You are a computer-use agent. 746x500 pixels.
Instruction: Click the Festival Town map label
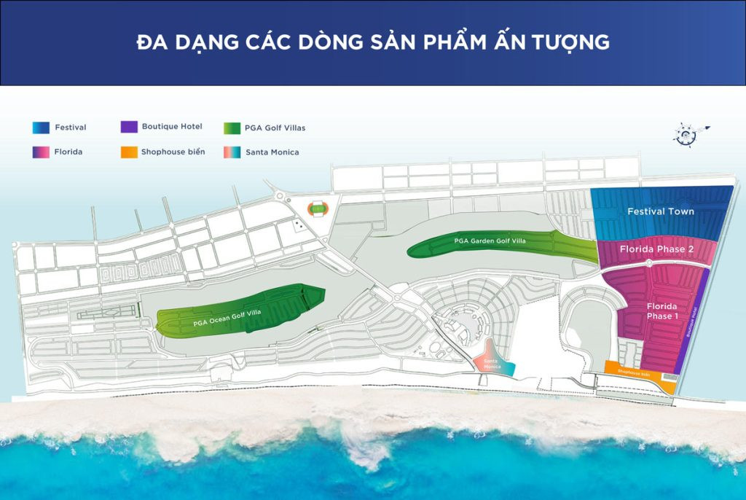coord(661,211)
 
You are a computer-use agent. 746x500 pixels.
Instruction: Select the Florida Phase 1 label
coord(661,311)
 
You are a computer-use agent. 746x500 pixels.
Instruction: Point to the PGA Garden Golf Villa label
coord(490,241)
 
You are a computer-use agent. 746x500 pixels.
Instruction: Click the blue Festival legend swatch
coord(41,128)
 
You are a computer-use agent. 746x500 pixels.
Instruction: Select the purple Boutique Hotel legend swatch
coord(129,127)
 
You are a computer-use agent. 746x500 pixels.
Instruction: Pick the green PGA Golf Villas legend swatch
coord(232,128)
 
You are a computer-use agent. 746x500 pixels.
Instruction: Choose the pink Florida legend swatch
coord(41,152)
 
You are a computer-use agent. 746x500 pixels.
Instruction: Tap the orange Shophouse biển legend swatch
coord(129,152)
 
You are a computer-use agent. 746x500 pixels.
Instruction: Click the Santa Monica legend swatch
coord(232,152)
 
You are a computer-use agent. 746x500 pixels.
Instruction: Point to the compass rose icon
coord(686,133)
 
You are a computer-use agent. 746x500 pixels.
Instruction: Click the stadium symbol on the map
coord(317,209)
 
